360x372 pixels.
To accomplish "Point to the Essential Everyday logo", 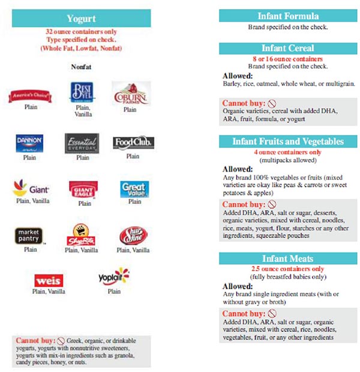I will click(82, 143).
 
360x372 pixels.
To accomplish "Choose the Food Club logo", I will click(133, 143).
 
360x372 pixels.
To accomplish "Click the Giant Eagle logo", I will click(82, 190).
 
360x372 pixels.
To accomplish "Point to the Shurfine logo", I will click(133, 235).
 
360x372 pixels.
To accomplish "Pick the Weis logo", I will click(49, 280).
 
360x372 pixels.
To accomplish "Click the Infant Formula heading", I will click(288, 16).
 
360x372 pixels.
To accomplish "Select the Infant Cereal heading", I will click(288, 49).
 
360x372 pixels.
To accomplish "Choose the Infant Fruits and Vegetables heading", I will click(288, 142).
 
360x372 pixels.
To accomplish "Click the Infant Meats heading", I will click(288, 259).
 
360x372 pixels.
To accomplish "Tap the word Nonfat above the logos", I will click(81, 67).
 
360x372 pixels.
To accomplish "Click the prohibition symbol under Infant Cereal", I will click(272, 103).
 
